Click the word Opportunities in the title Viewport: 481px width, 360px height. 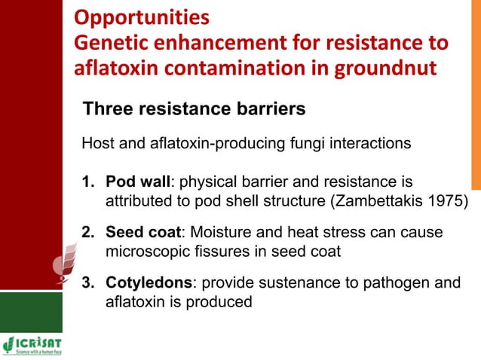tap(141, 16)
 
